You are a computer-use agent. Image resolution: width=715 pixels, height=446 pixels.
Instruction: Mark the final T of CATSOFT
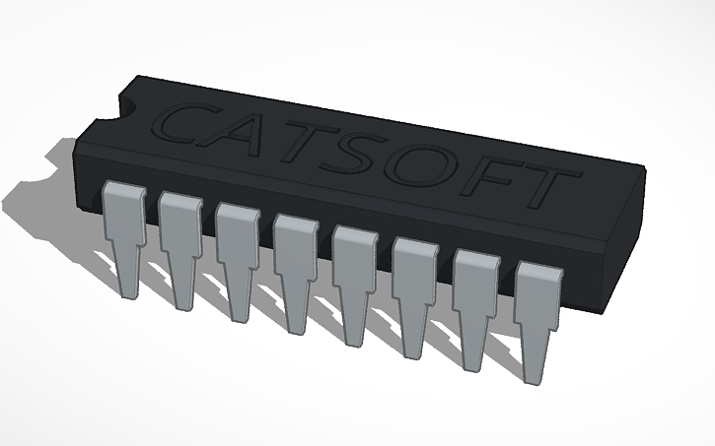tap(545, 190)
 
